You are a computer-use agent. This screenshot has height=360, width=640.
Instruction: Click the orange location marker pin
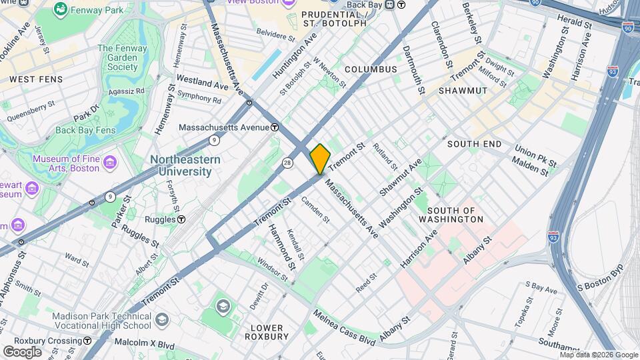coord(320,159)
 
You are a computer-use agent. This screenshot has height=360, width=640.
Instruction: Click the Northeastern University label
coord(181,165)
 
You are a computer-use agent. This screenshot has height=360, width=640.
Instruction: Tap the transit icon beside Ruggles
coord(181,219)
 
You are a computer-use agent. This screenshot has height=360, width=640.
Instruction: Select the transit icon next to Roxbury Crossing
coord(87,341)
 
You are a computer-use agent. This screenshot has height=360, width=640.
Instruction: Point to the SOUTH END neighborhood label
coord(474,144)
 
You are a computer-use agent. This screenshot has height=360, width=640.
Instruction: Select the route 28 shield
coord(287,163)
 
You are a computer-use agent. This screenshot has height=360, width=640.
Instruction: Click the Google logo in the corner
coord(22,351)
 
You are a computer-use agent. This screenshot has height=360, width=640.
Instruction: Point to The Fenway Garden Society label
coord(118,57)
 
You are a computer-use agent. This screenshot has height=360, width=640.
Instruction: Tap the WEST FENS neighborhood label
coord(36,79)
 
